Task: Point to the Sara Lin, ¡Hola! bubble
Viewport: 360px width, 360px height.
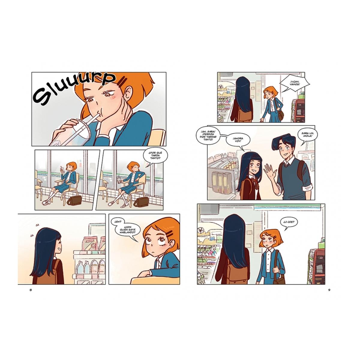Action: [x=306, y=135]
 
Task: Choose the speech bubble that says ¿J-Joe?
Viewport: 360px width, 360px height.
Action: [x=289, y=222]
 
